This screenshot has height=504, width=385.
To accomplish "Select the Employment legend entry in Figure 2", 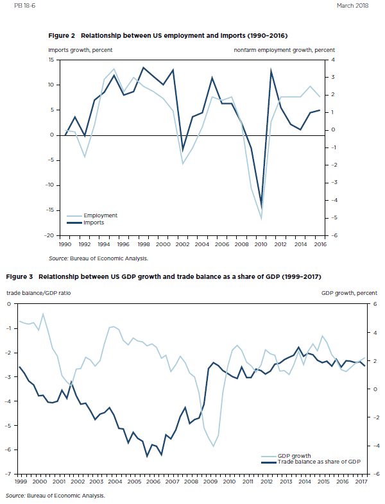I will tap(100, 216).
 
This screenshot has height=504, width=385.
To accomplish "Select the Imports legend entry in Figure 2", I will tap(94, 223).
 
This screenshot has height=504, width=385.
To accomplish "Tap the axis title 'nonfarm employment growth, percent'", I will tap(284, 50).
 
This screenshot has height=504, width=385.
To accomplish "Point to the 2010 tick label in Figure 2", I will tap(262, 244).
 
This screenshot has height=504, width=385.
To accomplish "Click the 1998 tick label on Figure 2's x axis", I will tap(144, 244).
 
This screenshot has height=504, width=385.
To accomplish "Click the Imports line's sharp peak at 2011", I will tap(271, 71).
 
